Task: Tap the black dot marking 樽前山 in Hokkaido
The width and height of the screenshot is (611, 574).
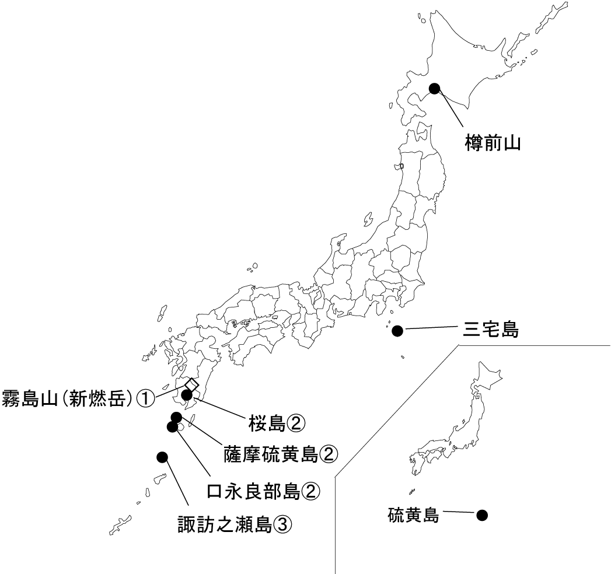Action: pos(434,88)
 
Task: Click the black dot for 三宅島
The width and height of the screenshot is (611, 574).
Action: pos(397,331)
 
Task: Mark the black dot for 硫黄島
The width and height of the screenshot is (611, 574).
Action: pos(482,515)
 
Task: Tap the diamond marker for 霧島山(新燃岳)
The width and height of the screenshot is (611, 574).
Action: pos(191,384)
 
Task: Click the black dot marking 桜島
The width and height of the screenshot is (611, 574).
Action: pos(187,395)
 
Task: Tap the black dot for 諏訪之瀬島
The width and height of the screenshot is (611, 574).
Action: pos(162,456)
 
